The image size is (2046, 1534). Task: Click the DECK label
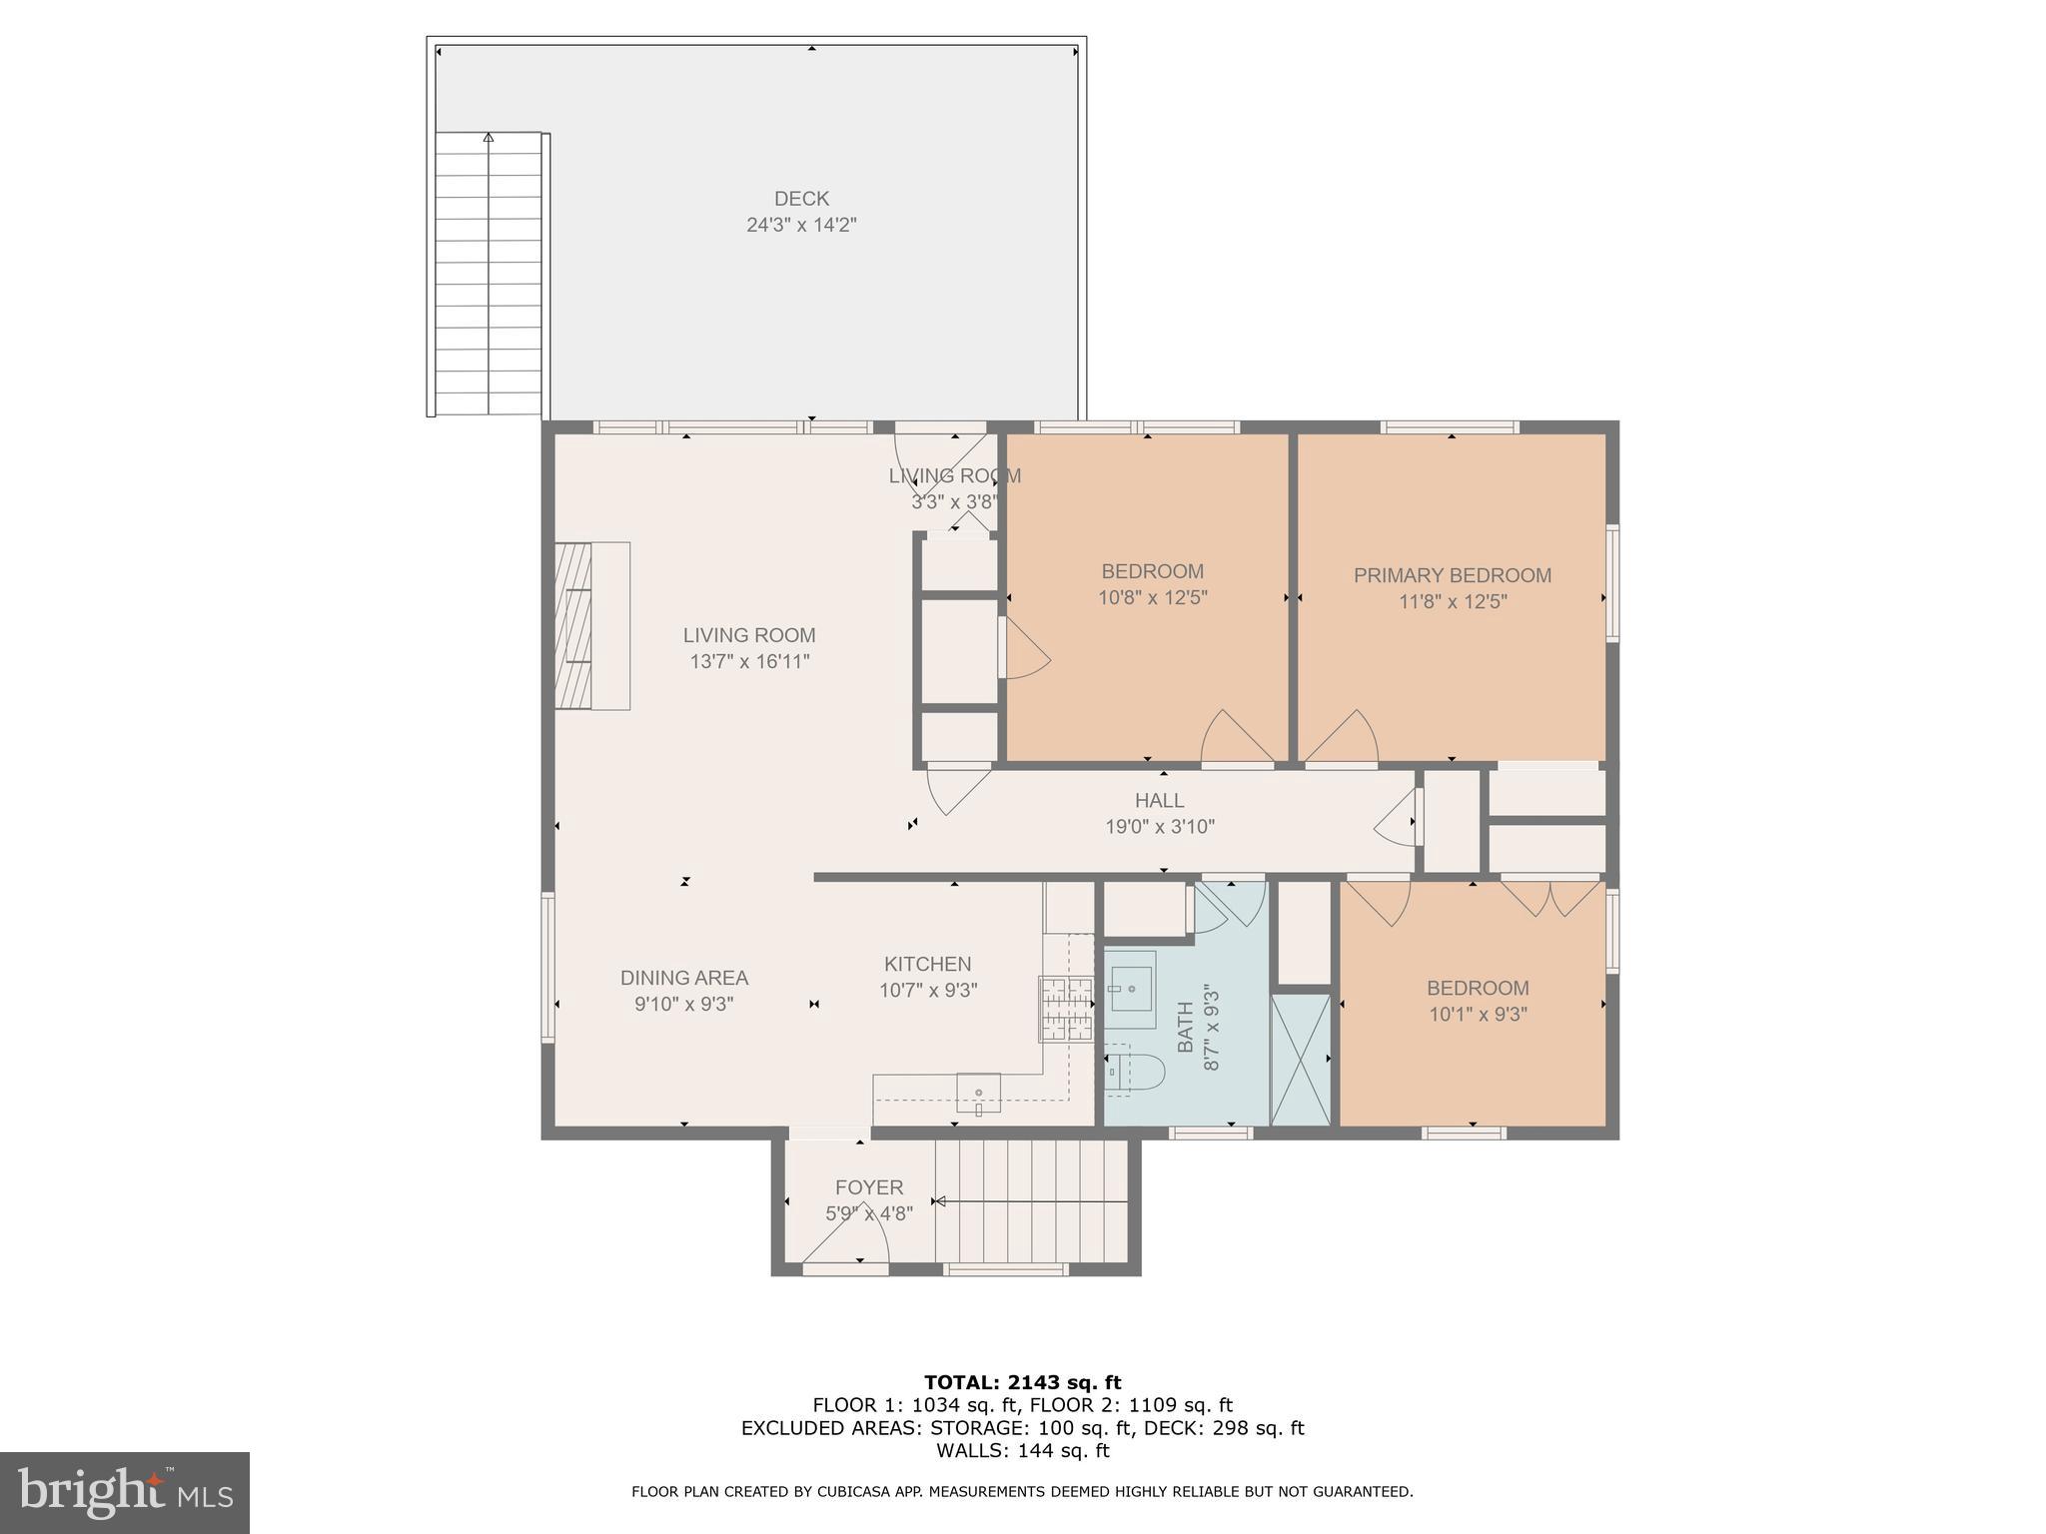[x=801, y=199]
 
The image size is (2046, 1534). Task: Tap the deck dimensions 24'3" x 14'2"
[x=801, y=225]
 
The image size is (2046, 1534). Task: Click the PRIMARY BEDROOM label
[x=1452, y=575]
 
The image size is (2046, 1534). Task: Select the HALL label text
[x=1159, y=800]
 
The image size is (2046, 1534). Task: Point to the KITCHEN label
[x=927, y=964]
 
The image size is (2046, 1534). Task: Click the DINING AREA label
[x=683, y=978]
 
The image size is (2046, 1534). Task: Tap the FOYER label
[x=868, y=1187]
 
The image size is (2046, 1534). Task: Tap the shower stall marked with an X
[x=1300, y=1060]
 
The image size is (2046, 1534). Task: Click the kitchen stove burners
[x=1066, y=1008]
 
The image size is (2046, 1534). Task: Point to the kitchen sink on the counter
[x=979, y=1094]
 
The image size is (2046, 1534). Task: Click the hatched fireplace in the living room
[x=574, y=626]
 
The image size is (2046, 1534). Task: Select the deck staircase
[x=489, y=275]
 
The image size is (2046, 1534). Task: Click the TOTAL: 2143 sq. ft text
[x=1022, y=1383]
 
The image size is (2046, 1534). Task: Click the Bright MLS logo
[x=124, y=1493]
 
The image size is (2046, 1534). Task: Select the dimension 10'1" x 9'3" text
[x=1477, y=1015]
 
